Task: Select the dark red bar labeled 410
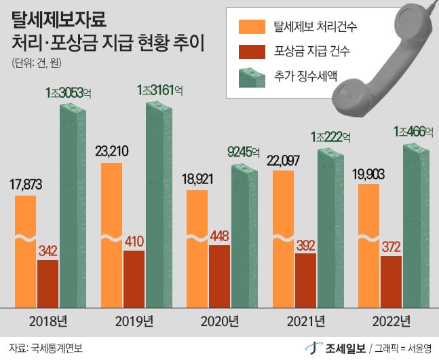pyautogui.click(x=134, y=278)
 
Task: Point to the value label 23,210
pyautogui.click(x=112, y=151)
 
